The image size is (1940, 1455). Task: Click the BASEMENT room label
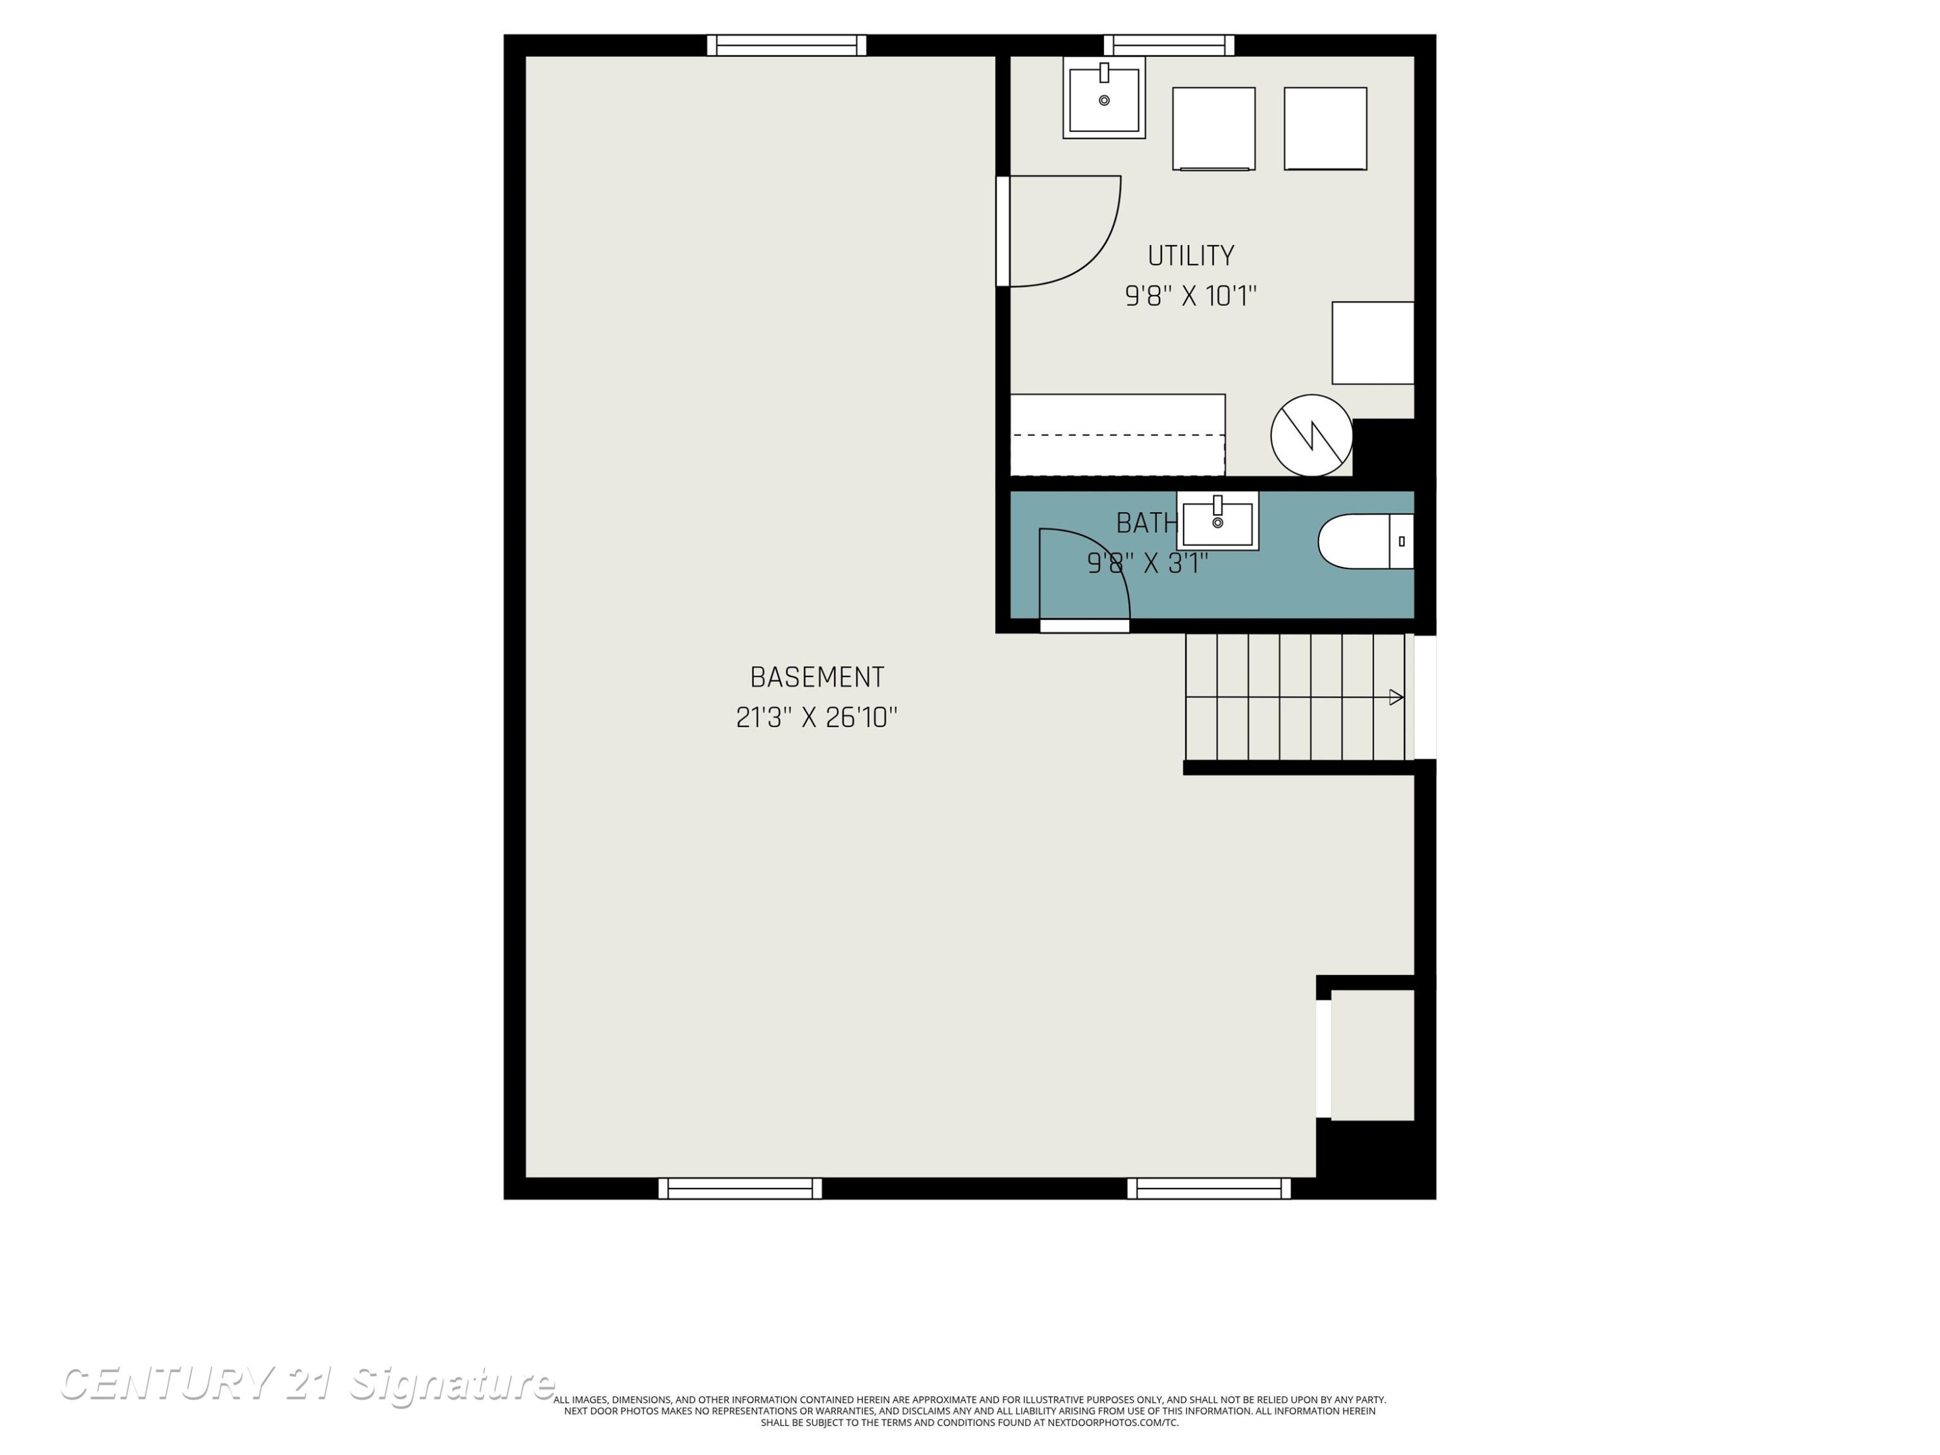[x=817, y=677]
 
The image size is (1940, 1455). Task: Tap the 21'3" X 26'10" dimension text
[x=817, y=717]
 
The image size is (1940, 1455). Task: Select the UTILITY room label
[x=1191, y=256]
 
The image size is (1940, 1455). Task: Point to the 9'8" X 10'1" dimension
[x=1191, y=296]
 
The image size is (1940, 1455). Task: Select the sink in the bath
[x=1217, y=521]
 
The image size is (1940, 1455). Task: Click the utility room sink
[x=1105, y=98]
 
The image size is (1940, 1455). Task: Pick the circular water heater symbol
[x=1312, y=435]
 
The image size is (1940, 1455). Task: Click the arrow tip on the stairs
[x=1403, y=697]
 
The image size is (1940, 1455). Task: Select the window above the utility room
[x=1169, y=45]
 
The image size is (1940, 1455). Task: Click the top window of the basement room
[x=787, y=45]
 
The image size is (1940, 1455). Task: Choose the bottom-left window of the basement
[x=740, y=1189]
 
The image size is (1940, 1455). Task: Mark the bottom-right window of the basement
[x=1209, y=1189]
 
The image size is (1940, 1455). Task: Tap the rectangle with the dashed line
[x=1118, y=435]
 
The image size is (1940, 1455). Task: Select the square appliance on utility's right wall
[x=1374, y=343]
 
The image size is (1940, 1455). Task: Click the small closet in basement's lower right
[x=1373, y=1055]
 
